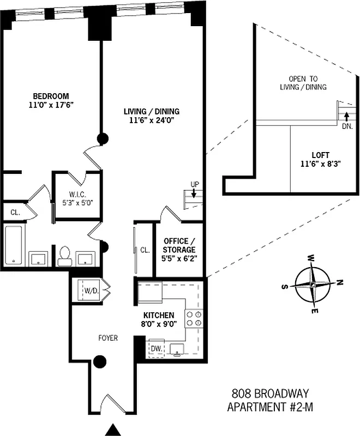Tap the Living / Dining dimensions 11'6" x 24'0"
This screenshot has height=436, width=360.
pyautogui.click(x=151, y=122)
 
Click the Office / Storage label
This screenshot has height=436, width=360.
pyautogui.click(x=179, y=245)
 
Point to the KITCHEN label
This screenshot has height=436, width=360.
pyautogui.click(x=159, y=316)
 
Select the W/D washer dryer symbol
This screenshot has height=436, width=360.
pyautogui.click(x=91, y=291)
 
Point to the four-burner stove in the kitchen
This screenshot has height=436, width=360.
pyautogui.click(x=194, y=318)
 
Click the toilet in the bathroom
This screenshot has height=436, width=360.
pyautogui.click(x=65, y=255)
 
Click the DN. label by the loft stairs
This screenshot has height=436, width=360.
pyautogui.click(x=347, y=126)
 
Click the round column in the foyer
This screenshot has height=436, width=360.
pyautogui.click(x=99, y=361)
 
